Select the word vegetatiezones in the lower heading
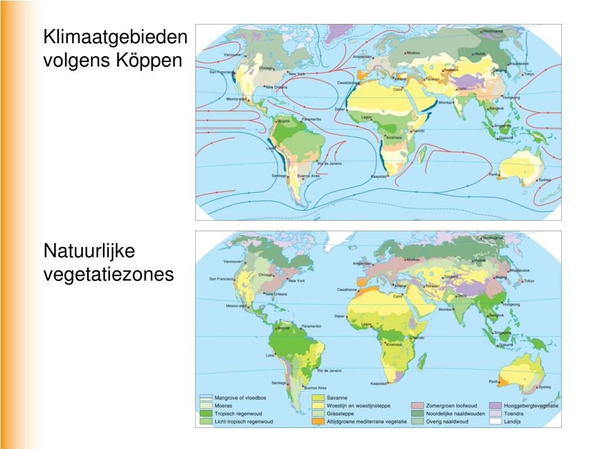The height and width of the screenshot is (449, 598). pos(109,273)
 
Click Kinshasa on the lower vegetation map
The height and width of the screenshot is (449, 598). pos(394,344)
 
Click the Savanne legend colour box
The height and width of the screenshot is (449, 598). pos(317,398)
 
